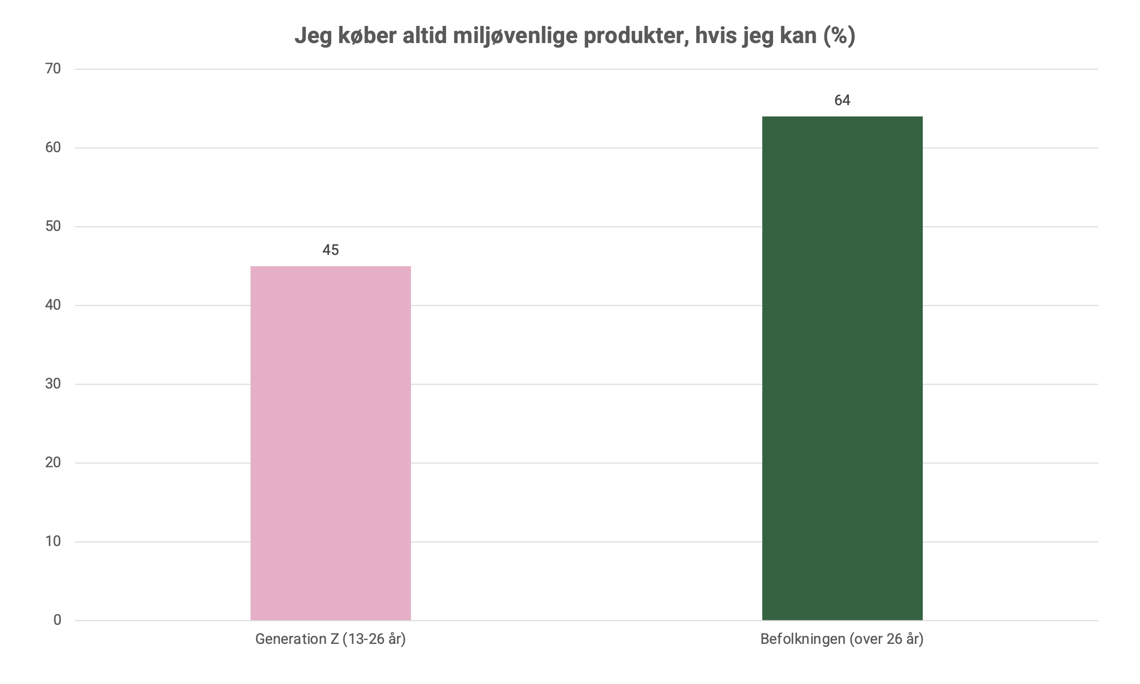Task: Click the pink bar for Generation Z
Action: [x=330, y=443]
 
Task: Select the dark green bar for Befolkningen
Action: [x=842, y=368]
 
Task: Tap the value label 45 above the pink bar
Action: [x=330, y=251]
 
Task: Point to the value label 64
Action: [x=842, y=101]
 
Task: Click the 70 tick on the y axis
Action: [x=53, y=69]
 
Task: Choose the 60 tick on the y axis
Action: [x=53, y=148]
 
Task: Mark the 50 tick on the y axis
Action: [x=53, y=227]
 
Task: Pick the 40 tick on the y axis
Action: [x=53, y=305]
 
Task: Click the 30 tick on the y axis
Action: [x=53, y=384]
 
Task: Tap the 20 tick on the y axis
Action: [x=53, y=463]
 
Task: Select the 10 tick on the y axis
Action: [x=53, y=542]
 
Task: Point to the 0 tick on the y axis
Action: [x=57, y=620]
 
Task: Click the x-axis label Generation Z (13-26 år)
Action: [x=330, y=640]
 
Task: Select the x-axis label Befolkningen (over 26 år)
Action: [x=842, y=640]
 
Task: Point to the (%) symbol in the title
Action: [x=839, y=36]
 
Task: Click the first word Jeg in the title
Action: [x=313, y=37]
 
